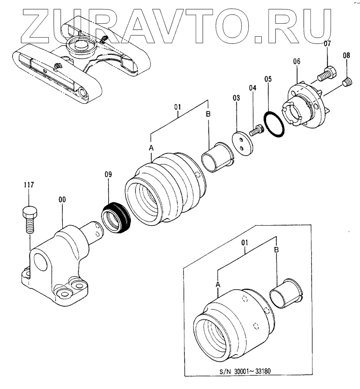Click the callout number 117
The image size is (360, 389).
click(x=29, y=185)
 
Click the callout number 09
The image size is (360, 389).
click(x=108, y=175)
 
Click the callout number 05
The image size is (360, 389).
click(x=268, y=80)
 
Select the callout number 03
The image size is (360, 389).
click(x=236, y=99)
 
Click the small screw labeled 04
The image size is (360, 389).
click(x=257, y=129)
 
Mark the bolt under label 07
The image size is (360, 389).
click(x=327, y=72)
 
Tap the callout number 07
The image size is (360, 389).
click(x=327, y=44)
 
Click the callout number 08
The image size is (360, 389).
click(x=347, y=55)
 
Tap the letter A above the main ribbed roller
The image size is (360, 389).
click(x=151, y=148)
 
